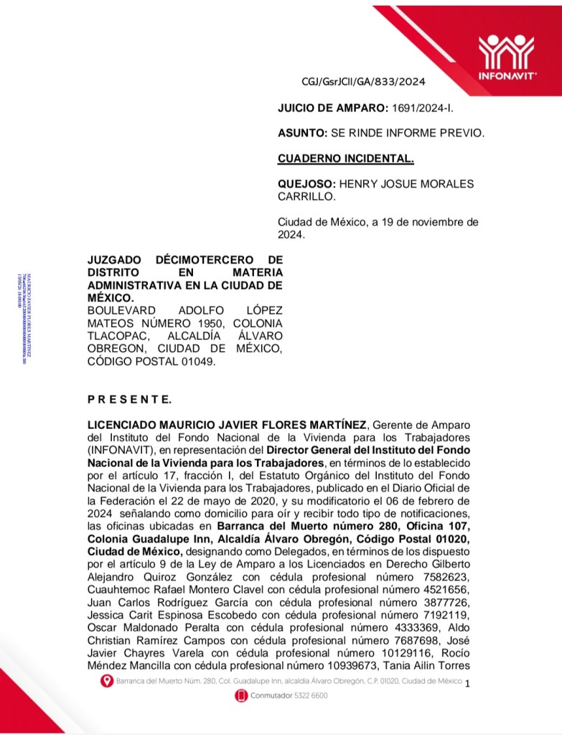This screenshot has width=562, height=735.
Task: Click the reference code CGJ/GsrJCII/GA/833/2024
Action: point(364,81)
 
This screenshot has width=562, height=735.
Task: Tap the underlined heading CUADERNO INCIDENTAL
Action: point(345,158)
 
